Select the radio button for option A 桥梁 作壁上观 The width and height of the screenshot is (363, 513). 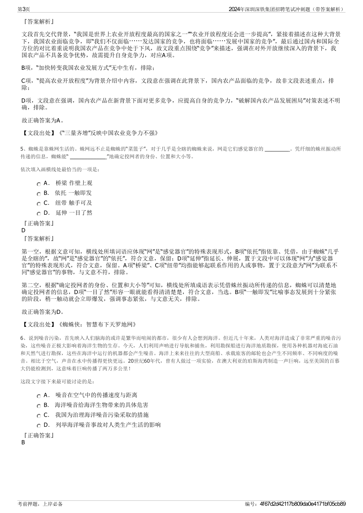[x=39, y=184]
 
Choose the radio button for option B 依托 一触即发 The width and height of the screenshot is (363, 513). [x=39, y=194]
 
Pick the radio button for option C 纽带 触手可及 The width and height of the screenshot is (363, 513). [x=39, y=204]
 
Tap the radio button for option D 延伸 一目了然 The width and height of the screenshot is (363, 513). [x=39, y=214]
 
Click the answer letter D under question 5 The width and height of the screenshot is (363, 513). [x=24, y=230]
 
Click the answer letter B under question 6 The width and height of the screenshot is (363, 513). [x=23, y=442]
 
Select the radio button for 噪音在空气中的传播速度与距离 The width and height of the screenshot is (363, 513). [x=39, y=396]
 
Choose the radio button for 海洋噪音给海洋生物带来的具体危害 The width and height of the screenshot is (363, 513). [x=39, y=406]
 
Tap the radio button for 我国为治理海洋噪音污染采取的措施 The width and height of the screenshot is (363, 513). [x=39, y=416]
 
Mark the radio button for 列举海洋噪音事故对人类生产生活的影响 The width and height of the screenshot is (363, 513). [x=39, y=426]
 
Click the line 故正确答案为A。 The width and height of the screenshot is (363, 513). [x=43, y=121]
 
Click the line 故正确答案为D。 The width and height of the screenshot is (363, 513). [x=43, y=312]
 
